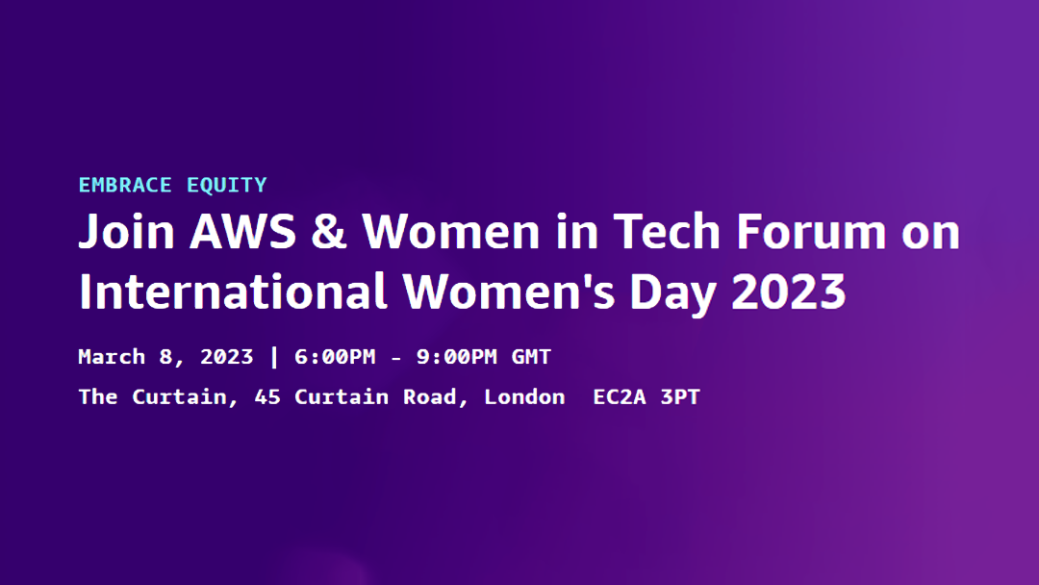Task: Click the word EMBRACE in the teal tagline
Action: (x=125, y=185)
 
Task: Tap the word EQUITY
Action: (x=227, y=186)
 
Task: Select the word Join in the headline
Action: (x=127, y=233)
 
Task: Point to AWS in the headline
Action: (x=242, y=231)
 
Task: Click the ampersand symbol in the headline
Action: (x=329, y=231)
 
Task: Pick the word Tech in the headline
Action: (x=667, y=231)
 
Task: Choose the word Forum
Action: (x=810, y=231)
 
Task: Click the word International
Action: (x=233, y=291)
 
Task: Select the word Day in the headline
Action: (x=672, y=292)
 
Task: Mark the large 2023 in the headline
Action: (x=789, y=292)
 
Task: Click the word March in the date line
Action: (x=112, y=357)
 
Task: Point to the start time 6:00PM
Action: (x=335, y=357)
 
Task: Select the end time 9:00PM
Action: (x=457, y=357)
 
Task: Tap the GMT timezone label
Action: (x=531, y=357)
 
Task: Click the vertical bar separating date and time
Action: (x=274, y=357)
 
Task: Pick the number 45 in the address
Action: (x=267, y=396)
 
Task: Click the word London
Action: (x=524, y=396)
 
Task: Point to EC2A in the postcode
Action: (x=619, y=396)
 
